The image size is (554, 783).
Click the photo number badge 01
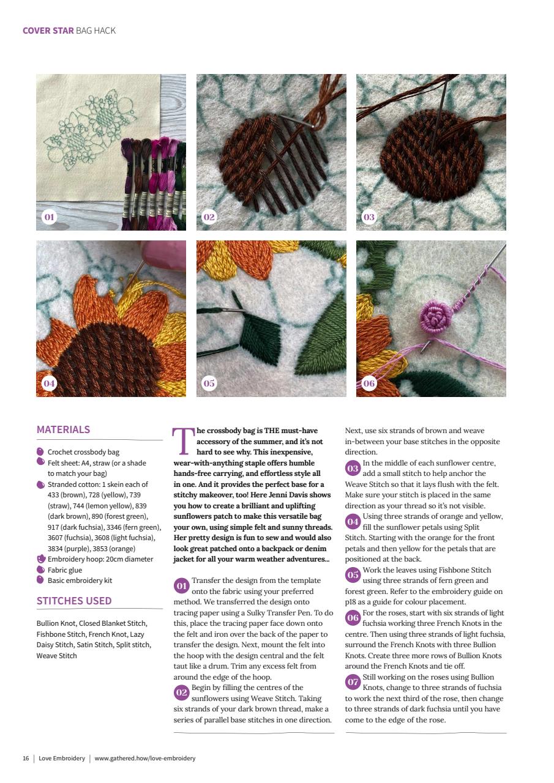tap(49, 217)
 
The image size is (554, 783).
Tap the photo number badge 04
tap(49, 384)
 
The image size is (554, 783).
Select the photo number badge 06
tap(369, 384)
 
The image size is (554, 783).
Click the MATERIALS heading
tap(63, 429)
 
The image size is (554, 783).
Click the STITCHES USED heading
tap(73, 601)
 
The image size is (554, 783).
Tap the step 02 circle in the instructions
tap(181, 692)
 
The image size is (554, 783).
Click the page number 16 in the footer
tap(26, 759)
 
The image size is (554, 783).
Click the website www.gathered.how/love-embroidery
tap(145, 759)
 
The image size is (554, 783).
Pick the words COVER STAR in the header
tap(48, 31)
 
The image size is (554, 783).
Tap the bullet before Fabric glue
tap(40, 570)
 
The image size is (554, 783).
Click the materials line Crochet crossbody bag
tap(83, 452)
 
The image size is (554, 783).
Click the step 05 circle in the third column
tap(353, 575)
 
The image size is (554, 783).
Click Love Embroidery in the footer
tap(62, 759)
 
